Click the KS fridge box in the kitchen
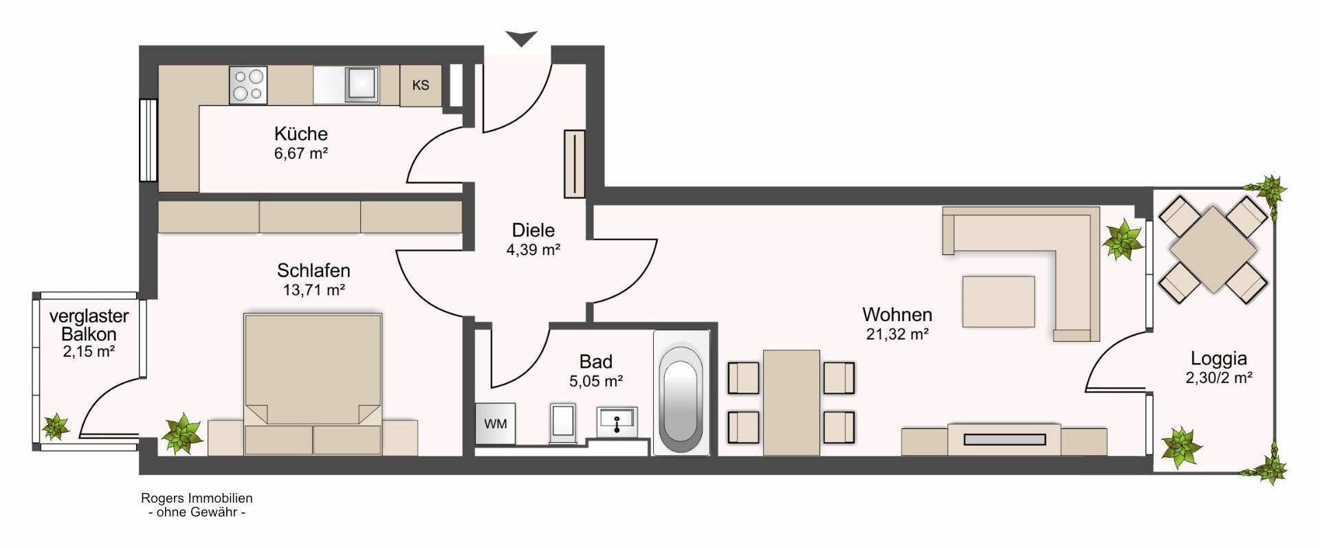coord(421,85)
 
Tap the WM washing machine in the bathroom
coord(495,424)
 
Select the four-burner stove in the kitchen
coord(248,85)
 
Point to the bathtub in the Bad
coord(681,392)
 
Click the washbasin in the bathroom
coord(617,421)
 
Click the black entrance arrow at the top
coord(522,39)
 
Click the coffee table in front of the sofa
coord(998,301)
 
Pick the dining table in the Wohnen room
coord(791,402)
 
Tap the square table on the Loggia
coord(1213,250)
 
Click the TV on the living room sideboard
coord(1004,439)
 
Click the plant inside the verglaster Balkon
coord(55,426)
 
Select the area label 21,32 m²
coord(897,335)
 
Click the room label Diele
coord(533,230)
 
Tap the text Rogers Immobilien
coord(197,498)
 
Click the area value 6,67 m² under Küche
coord(301,153)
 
